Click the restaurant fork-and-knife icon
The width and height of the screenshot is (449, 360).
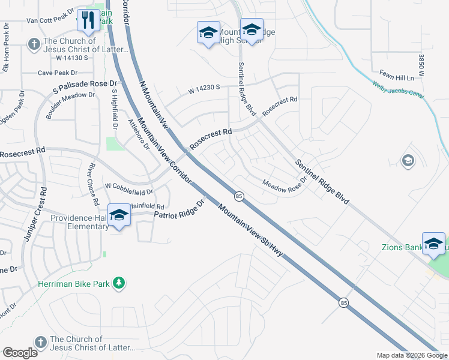[x=89, y=20]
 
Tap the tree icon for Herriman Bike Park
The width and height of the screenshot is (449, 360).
[x=119, y=283]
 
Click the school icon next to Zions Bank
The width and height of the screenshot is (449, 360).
[x=433, y=244]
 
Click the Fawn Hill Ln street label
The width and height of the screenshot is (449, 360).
[x=397, y=77]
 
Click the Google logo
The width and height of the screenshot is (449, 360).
[x=20, y=352]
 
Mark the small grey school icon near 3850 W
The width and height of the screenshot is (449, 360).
[x=408, y=161]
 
